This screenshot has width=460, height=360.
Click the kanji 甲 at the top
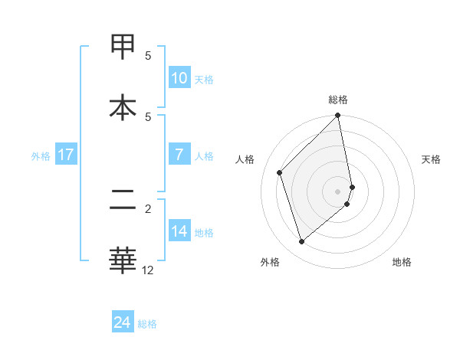(123, 47)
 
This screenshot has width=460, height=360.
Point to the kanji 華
(123, 259)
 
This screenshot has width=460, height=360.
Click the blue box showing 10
(179, 78)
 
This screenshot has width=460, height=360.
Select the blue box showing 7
(179, 155)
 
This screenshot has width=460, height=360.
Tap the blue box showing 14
(179, 231)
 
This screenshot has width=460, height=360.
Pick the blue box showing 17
(65, 155)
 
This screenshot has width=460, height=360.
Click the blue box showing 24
(122, 322)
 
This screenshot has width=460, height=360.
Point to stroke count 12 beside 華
(148, 270)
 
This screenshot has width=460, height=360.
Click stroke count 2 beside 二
(148, 208)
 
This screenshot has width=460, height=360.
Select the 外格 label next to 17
(41, 156)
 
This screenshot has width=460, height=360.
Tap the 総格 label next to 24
(147, 324)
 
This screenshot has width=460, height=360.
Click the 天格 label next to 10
(204, 80)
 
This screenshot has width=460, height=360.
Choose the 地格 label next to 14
(204, 233)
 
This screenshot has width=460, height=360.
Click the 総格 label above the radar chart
(338, 100)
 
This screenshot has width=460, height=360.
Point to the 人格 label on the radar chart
(245, 159)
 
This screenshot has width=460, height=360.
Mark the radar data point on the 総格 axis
(338, 116)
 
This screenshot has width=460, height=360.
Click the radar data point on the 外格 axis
(301, 242)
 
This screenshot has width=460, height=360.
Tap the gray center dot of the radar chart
(338, 191)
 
